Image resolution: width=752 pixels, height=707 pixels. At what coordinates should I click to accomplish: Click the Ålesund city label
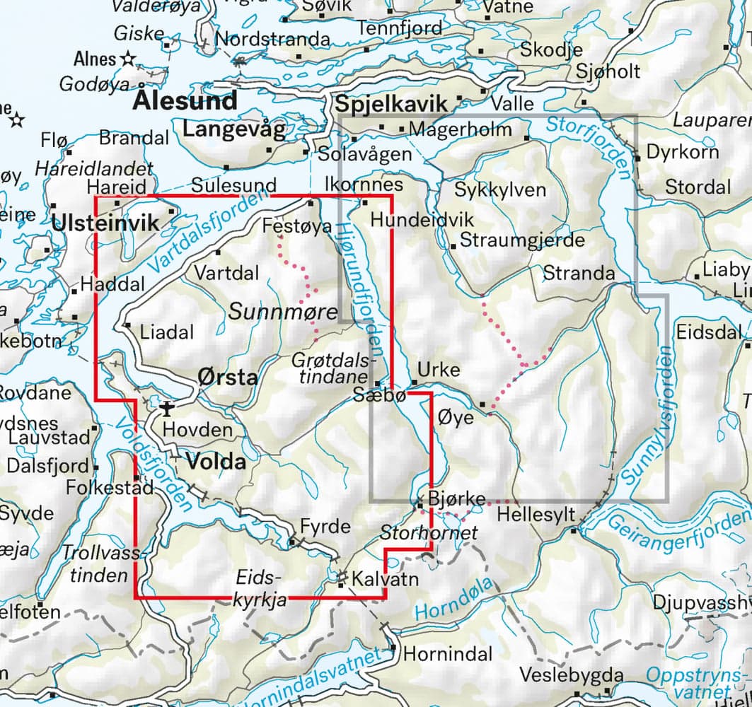[185, 101]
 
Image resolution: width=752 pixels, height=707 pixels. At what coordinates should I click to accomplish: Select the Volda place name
[216, 463]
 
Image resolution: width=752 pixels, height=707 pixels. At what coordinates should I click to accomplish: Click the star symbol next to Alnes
[128, 59]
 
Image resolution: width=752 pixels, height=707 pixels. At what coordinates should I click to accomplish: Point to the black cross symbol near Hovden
[167, 407]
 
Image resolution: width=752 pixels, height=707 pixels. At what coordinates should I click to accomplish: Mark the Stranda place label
[579, 274]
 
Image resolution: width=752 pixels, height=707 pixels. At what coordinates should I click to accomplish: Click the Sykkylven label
[500, 190]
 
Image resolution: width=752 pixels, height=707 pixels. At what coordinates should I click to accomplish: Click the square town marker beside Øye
[483, 404]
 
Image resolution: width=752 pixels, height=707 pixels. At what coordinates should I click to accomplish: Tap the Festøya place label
[287, 227]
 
